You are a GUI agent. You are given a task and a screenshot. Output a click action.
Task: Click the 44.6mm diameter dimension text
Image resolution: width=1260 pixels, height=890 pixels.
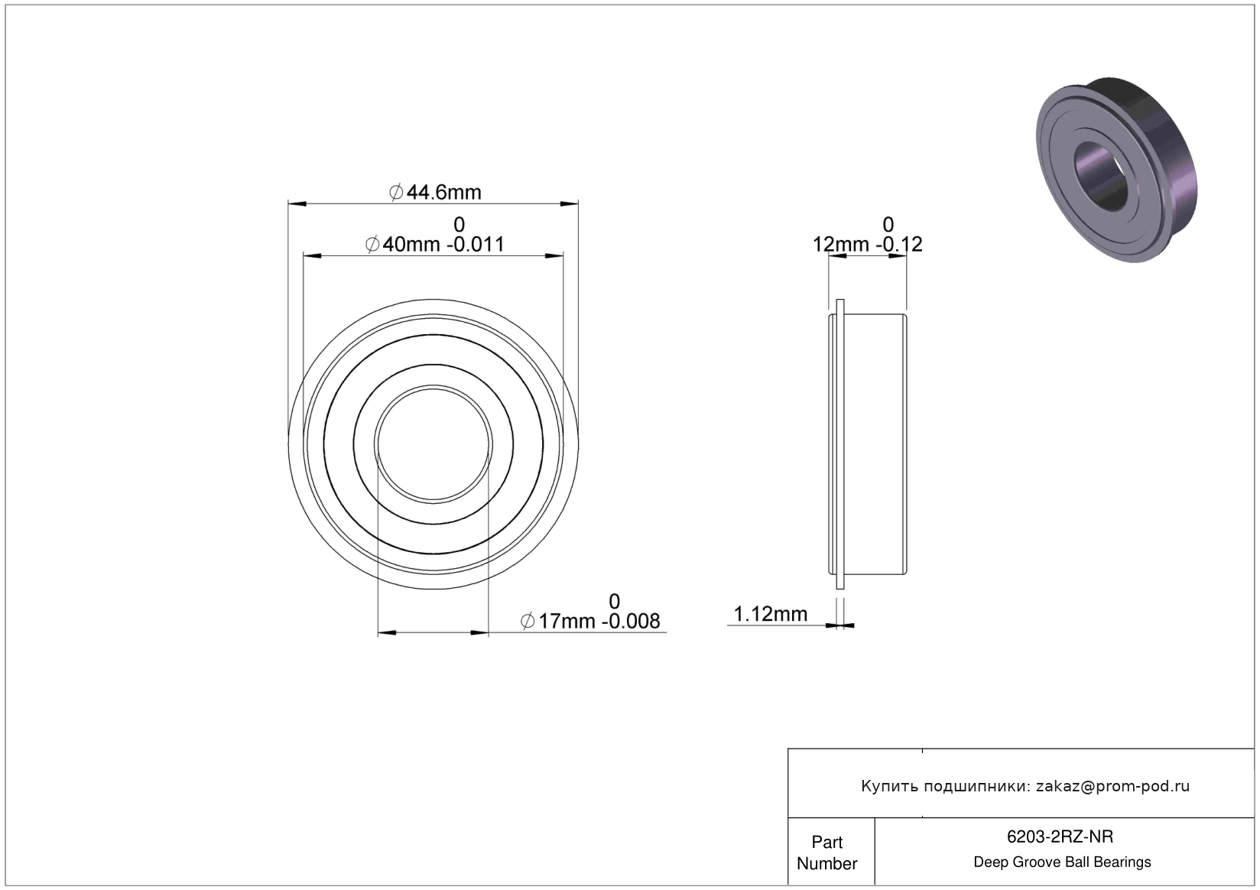coord(435,193)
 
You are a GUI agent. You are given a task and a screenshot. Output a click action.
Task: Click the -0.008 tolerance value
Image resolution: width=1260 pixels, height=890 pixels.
coord(631,621)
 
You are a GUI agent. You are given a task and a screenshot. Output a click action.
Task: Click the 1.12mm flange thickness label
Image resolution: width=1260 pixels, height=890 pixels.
coord(770,614)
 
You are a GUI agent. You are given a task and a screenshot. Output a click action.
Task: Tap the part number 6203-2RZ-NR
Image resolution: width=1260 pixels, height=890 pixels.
coord(1060,836)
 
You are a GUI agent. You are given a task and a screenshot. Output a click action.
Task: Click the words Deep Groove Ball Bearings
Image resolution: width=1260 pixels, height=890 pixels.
coord(1062,862)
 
